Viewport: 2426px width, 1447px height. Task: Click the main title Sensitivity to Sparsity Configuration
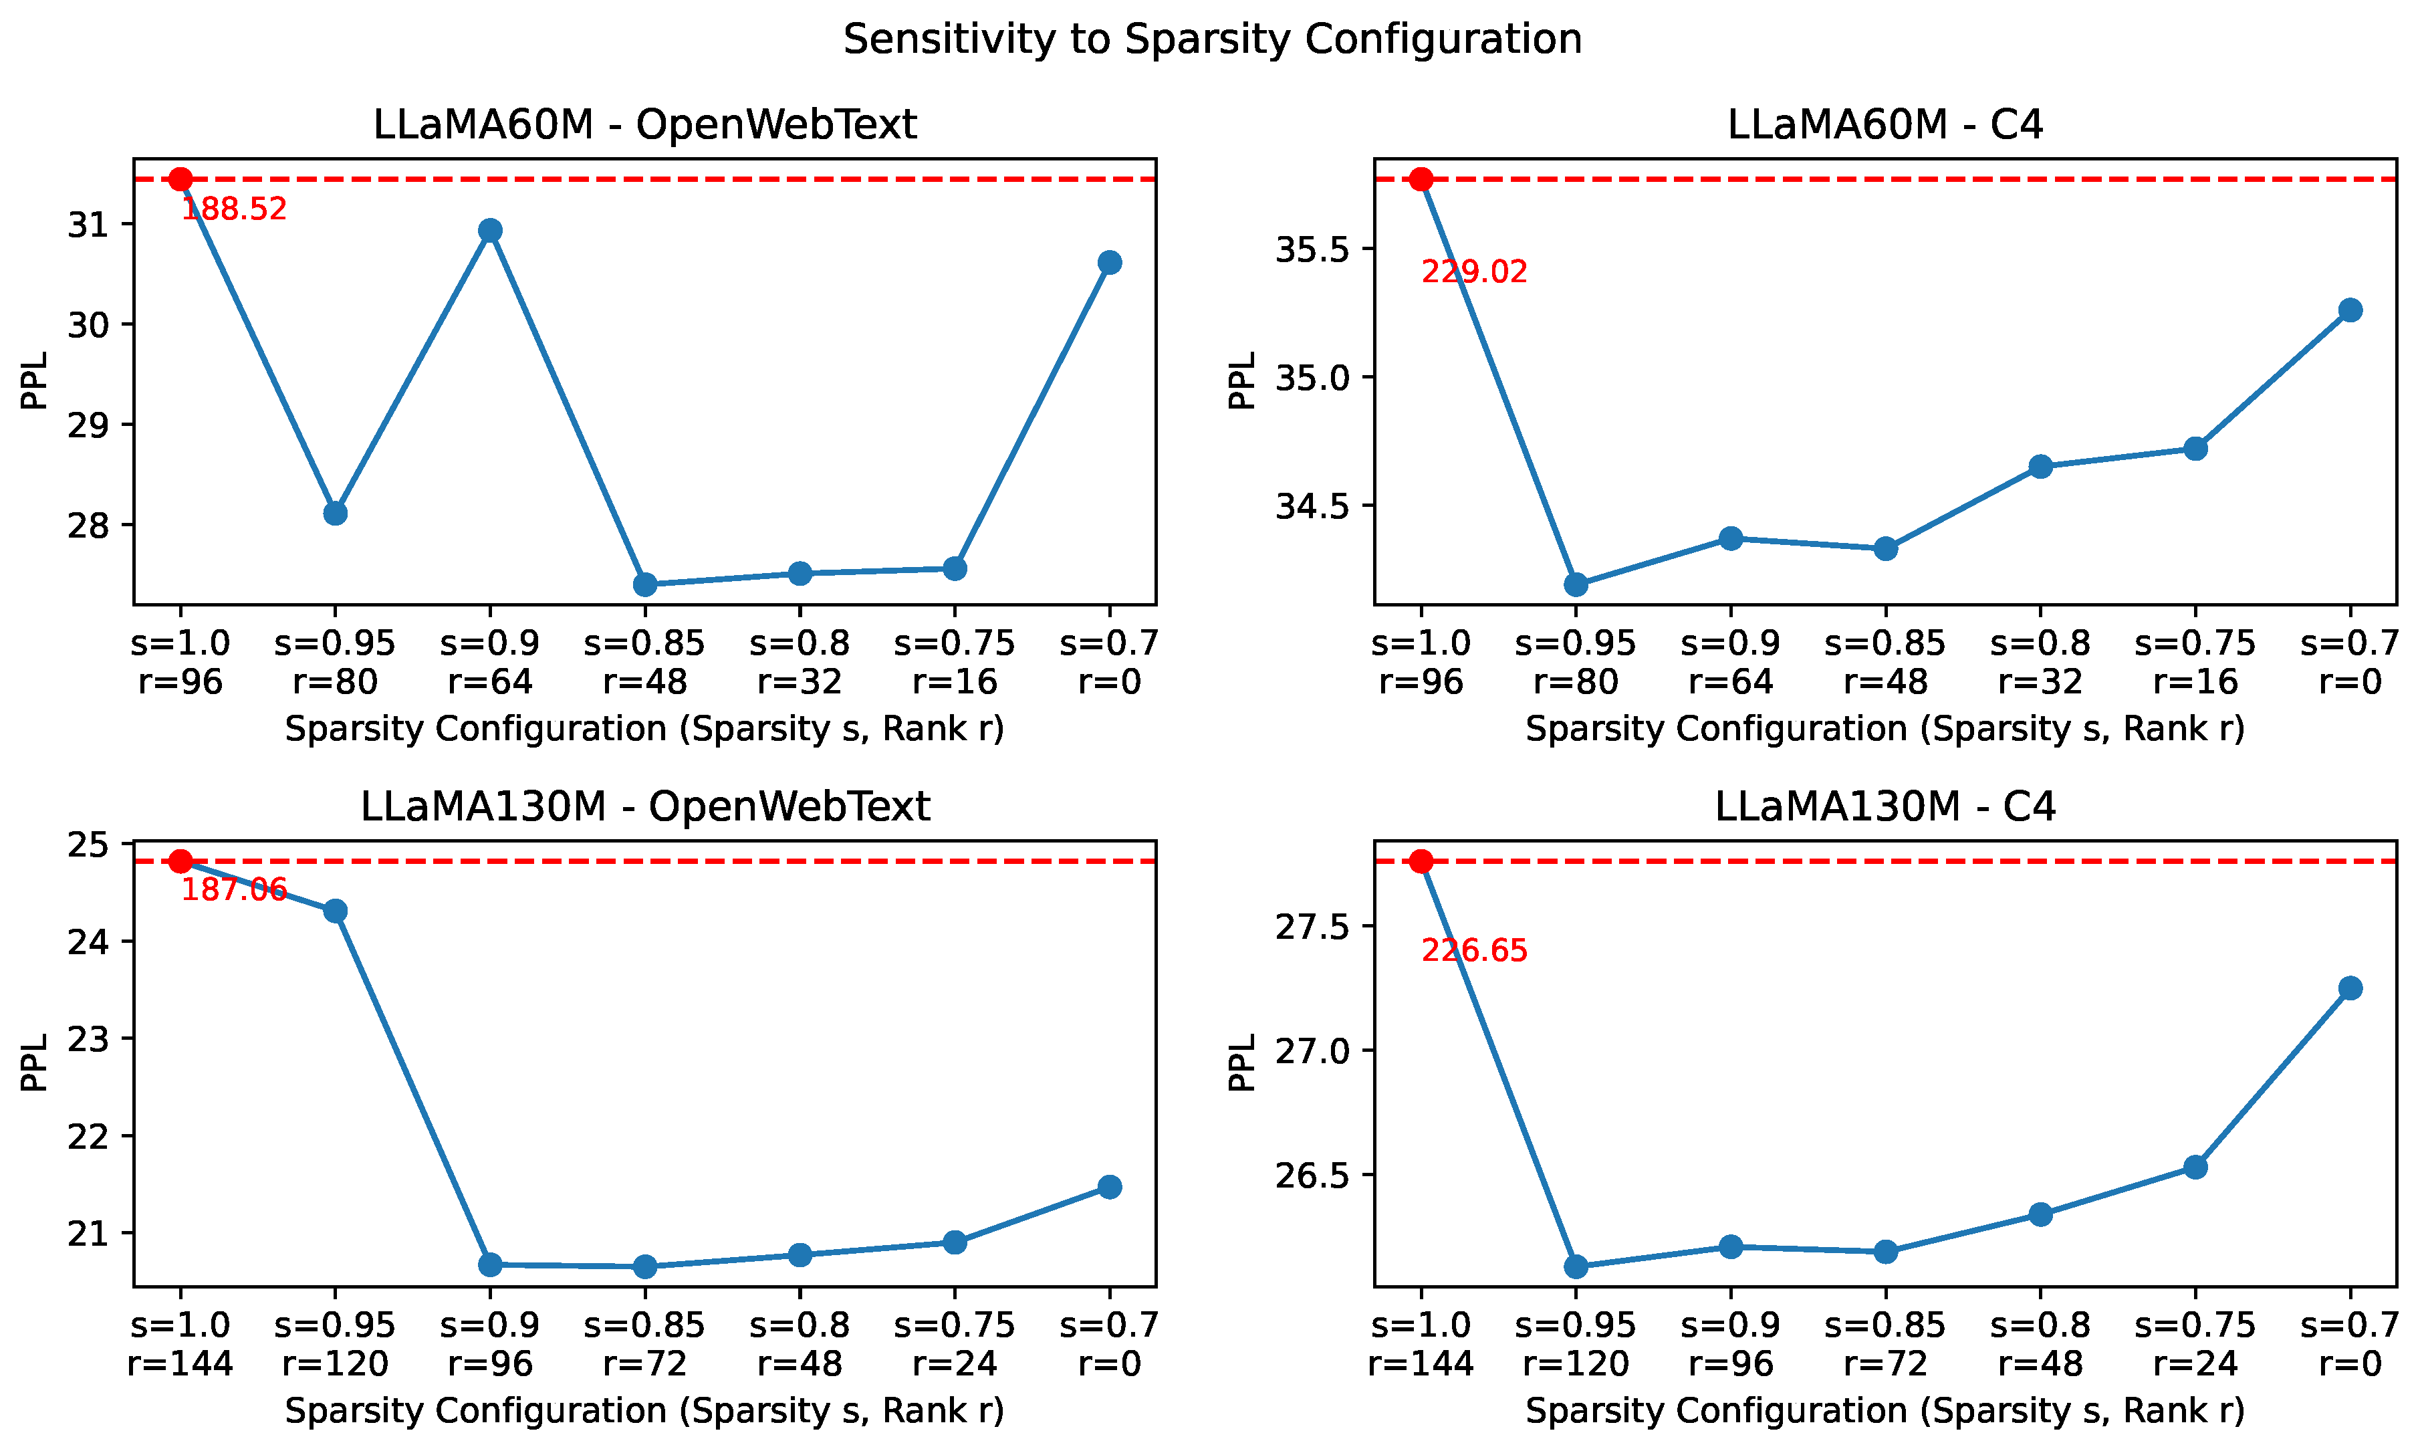click(1213, 40)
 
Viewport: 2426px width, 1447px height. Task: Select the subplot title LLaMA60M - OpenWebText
click(644, 125)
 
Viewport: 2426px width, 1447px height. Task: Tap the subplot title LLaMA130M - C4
click(1885, 806)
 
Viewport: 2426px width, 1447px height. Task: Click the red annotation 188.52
click(234, 209)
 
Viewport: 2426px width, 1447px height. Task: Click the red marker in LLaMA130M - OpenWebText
click(180, 861)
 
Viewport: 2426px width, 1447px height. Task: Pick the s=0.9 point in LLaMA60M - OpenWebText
click(490, 230)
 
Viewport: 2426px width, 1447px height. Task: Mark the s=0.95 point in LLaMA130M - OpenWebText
click(336, 911)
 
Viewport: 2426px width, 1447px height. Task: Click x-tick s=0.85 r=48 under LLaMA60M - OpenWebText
click(644, 662)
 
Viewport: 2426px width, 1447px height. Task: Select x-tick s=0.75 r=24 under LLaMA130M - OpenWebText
click(954, 1343)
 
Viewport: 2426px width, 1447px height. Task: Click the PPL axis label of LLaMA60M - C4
click(1241, 380)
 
